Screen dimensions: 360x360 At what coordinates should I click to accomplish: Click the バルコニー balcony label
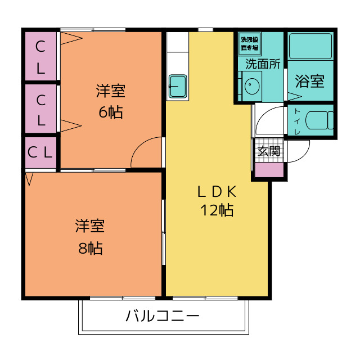(163, 316)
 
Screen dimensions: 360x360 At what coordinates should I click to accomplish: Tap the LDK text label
(217, 192)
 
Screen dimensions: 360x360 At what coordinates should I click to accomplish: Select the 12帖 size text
(217, 210)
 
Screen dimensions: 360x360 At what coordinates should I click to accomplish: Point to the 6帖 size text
(111, 112)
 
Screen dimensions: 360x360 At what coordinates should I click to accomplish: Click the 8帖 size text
(91, 248)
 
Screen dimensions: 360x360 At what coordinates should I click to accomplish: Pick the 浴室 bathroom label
(310, 81)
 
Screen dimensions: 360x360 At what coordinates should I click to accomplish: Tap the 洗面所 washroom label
(263, 64)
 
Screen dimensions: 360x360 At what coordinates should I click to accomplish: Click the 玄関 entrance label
(269, 151)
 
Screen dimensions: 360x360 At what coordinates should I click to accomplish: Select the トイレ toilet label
(298, 121)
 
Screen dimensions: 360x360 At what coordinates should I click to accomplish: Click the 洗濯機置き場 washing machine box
(250, 44)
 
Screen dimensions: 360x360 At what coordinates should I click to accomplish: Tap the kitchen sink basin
(178, 86)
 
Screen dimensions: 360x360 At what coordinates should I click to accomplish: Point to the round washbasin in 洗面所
(252, 86)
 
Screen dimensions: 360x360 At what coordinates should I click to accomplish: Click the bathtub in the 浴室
(310, 46)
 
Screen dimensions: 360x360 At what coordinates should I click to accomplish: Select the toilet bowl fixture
(319, 120)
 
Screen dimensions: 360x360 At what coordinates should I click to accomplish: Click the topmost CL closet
(40, 56)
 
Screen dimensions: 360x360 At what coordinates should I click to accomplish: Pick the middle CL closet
(40, 109)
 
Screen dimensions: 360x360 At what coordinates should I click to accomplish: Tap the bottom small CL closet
(40, 152)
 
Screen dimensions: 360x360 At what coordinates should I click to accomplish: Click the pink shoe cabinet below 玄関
(269, 170)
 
